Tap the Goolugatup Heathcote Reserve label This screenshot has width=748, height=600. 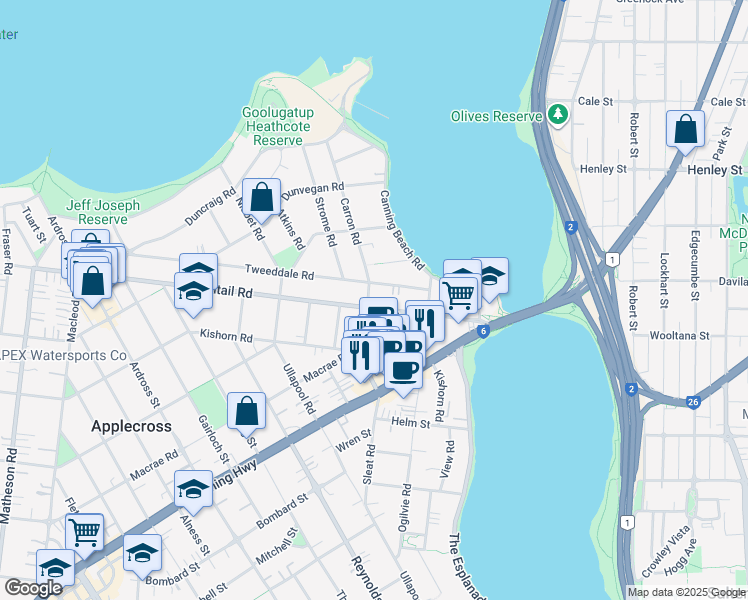point(272,127)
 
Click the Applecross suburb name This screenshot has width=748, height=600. point(131,426)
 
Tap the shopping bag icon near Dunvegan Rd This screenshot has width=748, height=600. point(261,197)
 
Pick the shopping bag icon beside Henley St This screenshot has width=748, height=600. point(685,130)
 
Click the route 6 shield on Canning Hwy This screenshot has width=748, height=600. point(482,331)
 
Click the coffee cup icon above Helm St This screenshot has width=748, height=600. point(403,371)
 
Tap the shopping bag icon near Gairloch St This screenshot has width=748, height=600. point(246,411)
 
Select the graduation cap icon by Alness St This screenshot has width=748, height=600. point(193,489)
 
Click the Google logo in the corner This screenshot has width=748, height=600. point(33,588)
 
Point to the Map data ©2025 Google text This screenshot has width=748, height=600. point(684,592)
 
